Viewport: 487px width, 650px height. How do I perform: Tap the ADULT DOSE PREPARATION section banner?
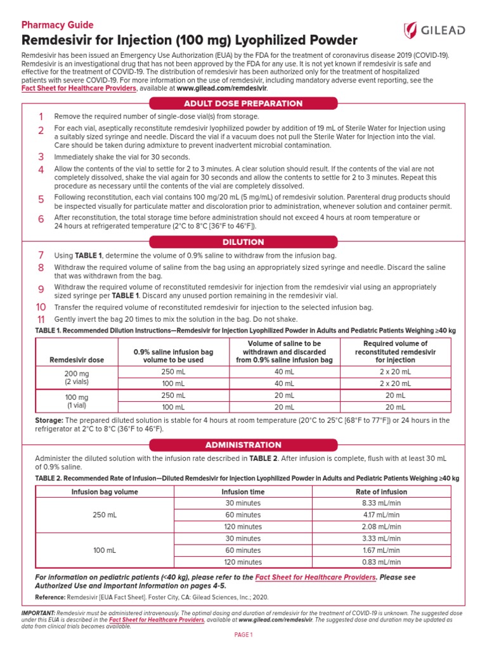pyautogui.click(x=243, y=103)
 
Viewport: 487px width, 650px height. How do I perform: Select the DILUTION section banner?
pyautogui.click(x=243, y=242)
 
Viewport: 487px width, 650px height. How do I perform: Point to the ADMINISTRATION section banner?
pyautogui.click(x=243, y=445)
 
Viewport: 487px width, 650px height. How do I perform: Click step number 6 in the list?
pyautogui.click(x=41, y=219)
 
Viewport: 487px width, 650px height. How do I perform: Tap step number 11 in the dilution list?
pyautogui.click(x=41, y=319)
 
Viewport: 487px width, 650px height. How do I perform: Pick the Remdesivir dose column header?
pyautogui.click(x=77, y=360)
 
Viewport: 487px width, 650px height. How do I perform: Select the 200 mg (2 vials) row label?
pyautogui.click(x=77, y=378)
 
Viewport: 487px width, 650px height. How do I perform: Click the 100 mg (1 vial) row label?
pyautogui.click(x=77, y=401)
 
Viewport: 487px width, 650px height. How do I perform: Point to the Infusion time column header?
pyautogui.click(x=243, y=491)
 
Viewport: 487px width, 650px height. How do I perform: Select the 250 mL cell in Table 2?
pyautogui.click(x=105, y=515)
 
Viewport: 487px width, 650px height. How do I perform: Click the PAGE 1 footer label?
pyautogui.click(x=243, y=635)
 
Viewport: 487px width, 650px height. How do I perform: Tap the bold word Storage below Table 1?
pyautogui.click(x=49, y=420)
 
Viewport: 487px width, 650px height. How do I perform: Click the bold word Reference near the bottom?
pyautogui.click(x=50, y=598)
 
